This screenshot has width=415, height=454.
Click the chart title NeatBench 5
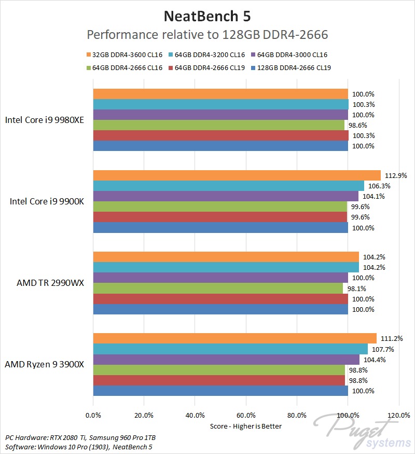208,16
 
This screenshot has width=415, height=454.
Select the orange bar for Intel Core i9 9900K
237,175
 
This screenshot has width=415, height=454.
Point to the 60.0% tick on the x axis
246,415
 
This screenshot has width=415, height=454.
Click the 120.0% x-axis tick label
398,415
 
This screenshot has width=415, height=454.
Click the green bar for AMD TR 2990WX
218,288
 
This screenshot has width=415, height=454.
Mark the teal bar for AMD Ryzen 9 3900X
230,349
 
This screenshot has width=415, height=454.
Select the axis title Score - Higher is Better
246,426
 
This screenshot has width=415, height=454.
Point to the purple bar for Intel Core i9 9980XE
220,115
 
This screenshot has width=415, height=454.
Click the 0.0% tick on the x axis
93,415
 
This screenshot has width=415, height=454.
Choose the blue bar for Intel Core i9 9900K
220,227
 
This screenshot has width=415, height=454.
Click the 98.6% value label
357,125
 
